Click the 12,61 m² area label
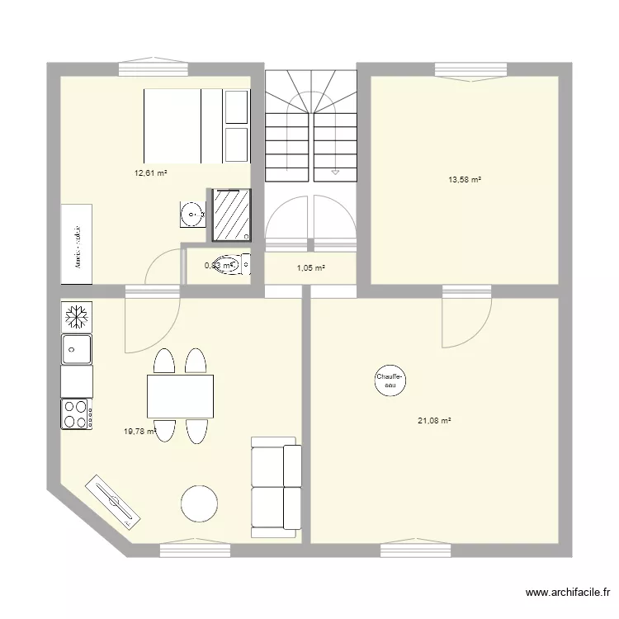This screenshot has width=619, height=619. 151,173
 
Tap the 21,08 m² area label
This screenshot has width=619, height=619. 434,420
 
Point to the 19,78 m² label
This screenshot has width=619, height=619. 139,430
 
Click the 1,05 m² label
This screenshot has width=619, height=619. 310,268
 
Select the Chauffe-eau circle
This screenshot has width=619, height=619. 390,380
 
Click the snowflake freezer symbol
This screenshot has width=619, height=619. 77,315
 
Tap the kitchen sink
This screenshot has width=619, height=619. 77,348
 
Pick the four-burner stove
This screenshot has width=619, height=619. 77,413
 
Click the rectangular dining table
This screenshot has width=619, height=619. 180,396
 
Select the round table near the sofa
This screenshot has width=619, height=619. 200,503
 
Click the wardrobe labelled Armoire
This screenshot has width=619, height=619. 77,244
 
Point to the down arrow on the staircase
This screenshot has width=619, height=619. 335,172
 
